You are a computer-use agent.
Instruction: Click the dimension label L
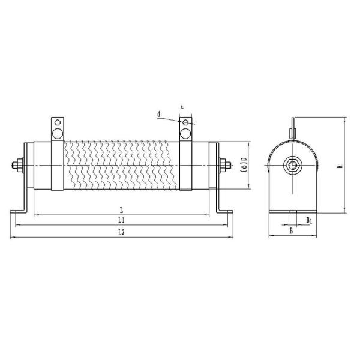click(121, 211)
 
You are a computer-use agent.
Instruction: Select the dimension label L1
click(122, 221)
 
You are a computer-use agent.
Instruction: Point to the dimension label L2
click(121, 232)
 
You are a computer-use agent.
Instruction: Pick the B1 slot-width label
click(309, 220)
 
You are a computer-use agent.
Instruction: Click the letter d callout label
click(159, 113)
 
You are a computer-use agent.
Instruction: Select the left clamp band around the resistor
click(58, 165)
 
